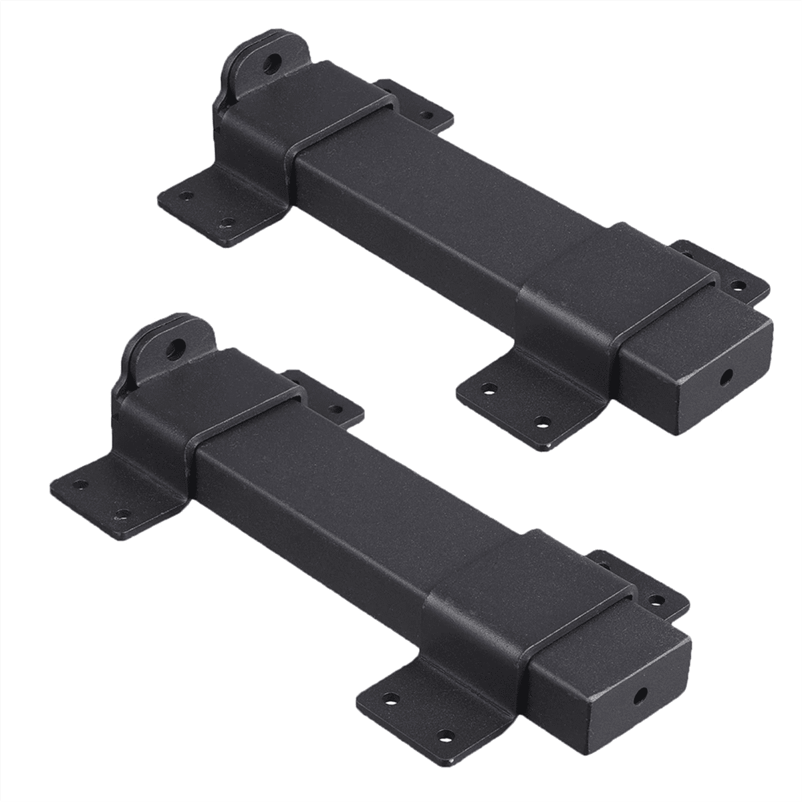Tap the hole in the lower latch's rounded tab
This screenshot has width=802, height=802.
click(x=178, y=348)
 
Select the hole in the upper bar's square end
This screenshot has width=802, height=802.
click(x=726, y=376)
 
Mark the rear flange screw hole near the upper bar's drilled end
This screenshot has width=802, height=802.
click(x=738, y=285)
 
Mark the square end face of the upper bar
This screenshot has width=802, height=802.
click(x=708, y=381)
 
